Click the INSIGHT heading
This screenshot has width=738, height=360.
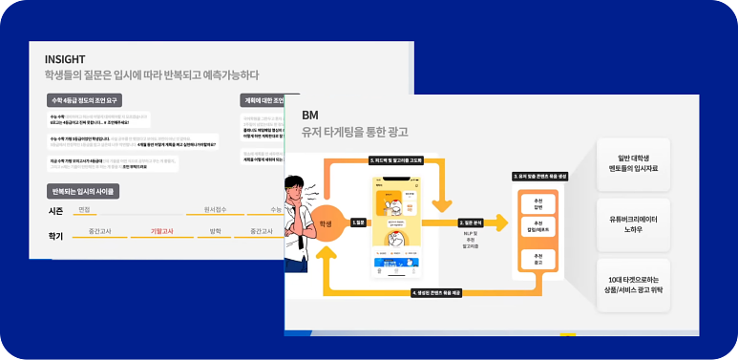click(65, 59)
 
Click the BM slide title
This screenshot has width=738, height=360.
click(310, 115)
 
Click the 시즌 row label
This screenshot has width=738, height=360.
click(55, 210)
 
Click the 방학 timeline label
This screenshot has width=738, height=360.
click(215, 231)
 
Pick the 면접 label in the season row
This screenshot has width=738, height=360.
click(84, 209)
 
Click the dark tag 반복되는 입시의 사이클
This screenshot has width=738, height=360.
click(84, 191)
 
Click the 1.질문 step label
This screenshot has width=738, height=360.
click(358, 222)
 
